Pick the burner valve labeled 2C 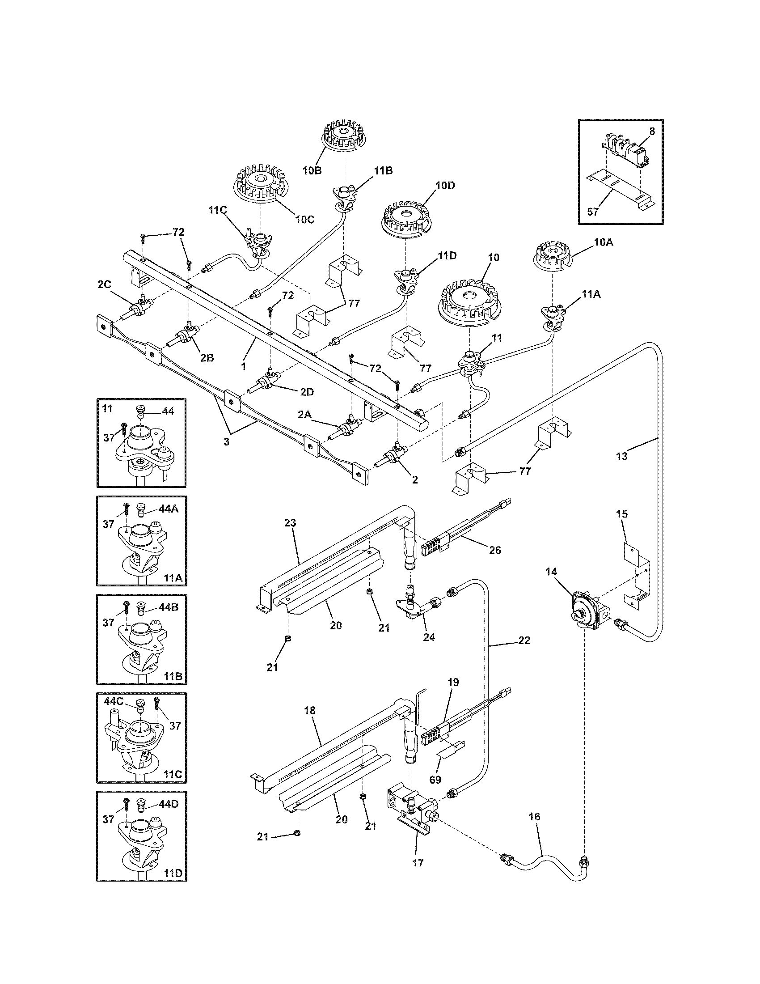(139, 308)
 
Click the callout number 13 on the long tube (621, 456)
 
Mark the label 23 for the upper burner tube (291, 524)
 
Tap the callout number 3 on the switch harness (227, 442)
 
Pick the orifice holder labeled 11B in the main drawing (346, 194)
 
